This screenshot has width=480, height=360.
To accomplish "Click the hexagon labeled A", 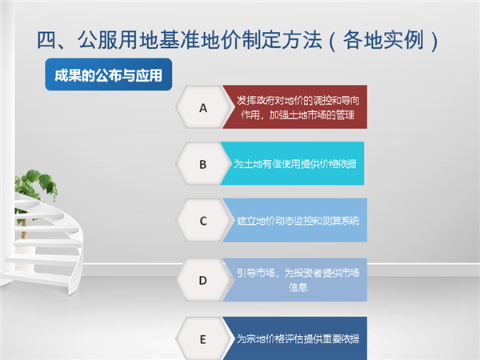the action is point(203,107).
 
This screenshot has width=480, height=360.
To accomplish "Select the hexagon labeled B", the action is point(203,163).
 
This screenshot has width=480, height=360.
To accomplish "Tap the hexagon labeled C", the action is point(203,220).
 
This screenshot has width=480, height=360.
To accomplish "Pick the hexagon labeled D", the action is point(203,280).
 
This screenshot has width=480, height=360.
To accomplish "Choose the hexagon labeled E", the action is point(203,339).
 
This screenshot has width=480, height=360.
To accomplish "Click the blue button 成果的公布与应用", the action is point(108,74).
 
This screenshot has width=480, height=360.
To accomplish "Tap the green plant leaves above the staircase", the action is point(35,186).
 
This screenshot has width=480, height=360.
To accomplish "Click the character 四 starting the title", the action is point(46,40).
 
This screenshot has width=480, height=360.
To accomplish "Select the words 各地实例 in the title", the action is point(383,40).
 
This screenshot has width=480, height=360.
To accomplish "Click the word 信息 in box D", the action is point(298,287).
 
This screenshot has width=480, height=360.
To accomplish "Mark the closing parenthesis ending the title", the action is point(434,41).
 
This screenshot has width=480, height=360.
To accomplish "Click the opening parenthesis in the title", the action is point(333,41).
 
